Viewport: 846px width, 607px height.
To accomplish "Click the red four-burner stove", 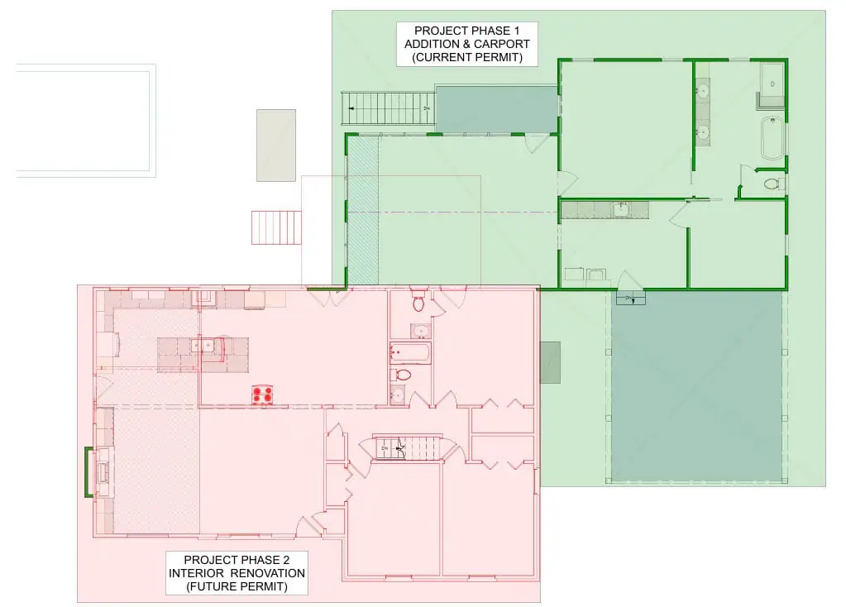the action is [263, 394].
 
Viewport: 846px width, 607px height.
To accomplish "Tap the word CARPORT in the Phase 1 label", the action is [501, 44].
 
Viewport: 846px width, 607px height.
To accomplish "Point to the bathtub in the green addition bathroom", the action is [772, 138].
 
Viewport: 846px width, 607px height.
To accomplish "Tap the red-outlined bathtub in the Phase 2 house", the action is [410, 353].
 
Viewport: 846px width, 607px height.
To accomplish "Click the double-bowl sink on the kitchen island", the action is [203, 346].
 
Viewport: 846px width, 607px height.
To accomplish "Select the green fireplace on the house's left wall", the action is [88, 471].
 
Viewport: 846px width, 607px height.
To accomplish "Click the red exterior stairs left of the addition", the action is [276, 227].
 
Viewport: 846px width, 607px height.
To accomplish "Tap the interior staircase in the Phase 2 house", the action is [409, 447].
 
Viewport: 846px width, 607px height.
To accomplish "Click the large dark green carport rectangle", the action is [696, 386].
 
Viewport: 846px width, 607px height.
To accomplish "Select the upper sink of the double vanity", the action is [702, 91].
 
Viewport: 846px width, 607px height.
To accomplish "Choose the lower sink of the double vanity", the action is [702, 131].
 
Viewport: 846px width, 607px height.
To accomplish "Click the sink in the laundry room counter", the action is [621, 209].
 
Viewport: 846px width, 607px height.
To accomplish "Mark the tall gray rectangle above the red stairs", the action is [275, 146].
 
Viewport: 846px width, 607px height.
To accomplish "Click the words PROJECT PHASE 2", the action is [237, 560].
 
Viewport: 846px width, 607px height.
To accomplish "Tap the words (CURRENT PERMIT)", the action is [467, 57].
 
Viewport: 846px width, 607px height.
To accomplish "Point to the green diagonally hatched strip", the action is [362, 210].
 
